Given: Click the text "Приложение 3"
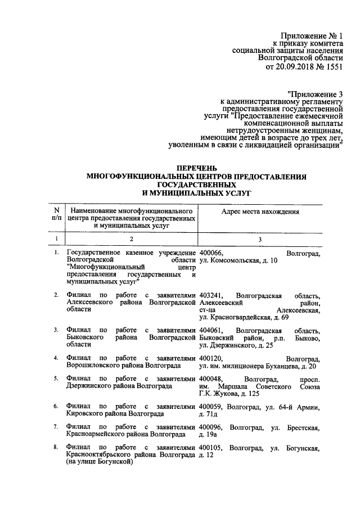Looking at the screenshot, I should [315, 93].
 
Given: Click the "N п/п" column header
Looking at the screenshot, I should [56, 215].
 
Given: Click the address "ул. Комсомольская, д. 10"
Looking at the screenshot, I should [238, 261].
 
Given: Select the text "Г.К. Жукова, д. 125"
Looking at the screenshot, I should [232, 394].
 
